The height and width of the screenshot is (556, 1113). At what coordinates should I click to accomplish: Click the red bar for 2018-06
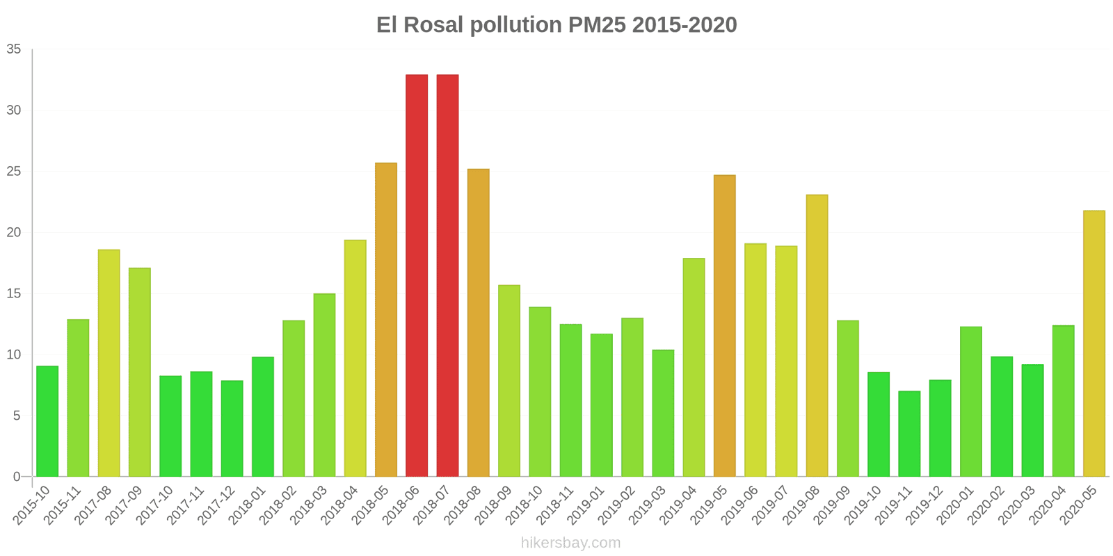coord(417,275)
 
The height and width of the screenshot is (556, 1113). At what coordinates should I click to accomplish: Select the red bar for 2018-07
coord(447,275)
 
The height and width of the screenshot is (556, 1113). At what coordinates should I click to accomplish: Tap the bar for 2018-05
coord(386,320)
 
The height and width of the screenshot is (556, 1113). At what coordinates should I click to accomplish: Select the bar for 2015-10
coord(47,421)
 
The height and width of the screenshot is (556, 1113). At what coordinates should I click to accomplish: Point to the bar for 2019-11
coord(909,434)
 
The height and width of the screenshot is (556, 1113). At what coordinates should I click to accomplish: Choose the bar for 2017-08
coord(109,363)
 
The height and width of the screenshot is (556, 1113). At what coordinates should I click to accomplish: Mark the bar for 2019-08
coord(817,336)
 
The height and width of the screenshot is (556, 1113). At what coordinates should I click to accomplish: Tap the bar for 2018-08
coord(478,322)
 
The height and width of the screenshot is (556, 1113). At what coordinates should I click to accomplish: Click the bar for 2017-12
coord(232,428)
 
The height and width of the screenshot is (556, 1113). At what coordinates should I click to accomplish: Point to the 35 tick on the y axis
coord(14,49)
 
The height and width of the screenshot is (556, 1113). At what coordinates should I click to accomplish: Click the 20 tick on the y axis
coord(14,233)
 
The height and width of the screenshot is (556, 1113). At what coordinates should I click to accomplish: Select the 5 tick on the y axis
coord(17,416)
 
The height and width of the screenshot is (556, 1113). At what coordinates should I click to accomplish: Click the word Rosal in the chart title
coord(433,25)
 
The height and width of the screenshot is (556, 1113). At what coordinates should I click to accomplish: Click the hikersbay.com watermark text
coord(570,543)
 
